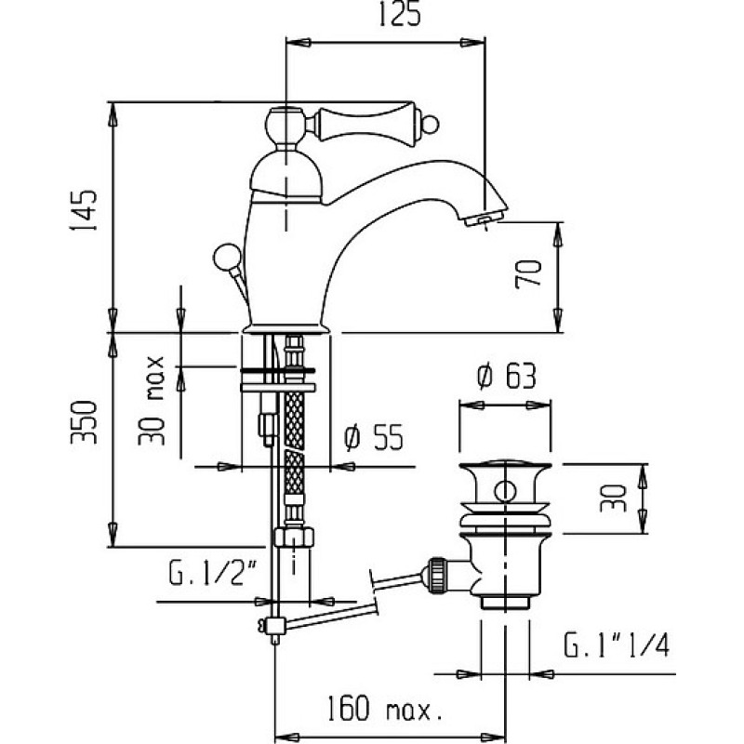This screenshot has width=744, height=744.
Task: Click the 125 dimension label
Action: click(x=400, y=14)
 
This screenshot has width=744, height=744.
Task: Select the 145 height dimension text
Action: click(x=84, y=211)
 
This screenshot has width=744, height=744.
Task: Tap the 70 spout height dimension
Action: click(x=528, y=273)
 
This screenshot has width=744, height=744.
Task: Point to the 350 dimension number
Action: click(x=84, y=422)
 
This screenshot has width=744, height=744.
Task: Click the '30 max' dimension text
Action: click(x=152, y=401)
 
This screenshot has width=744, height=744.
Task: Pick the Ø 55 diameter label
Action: click(x=374, y=437)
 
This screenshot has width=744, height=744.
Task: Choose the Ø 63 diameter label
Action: click(x=506, y=378)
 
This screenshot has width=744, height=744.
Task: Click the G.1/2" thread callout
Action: click(x=213, y=573)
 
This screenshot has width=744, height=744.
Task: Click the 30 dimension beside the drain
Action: click(x=613, y=498)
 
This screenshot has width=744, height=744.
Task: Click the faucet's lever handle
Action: click(x=370, y=124)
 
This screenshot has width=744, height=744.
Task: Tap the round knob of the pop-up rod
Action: click(x=227, y=258)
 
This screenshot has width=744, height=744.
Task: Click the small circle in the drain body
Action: click(x=505, y=491)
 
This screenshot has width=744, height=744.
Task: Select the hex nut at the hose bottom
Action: click(x=294, y=537)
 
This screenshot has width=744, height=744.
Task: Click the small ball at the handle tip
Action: click(x=432, y=125)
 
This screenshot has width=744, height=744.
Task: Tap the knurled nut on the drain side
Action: click(x=435, y=575)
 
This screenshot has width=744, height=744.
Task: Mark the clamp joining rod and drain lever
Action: click(x=273, y=626)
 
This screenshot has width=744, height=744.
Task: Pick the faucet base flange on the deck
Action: click(x=286, y=328)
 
